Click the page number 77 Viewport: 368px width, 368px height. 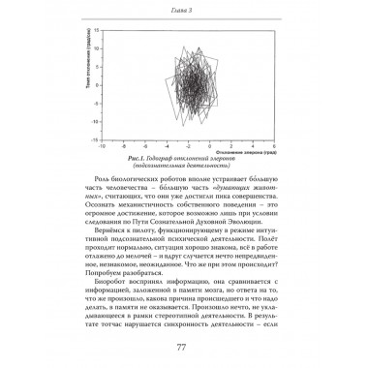183,349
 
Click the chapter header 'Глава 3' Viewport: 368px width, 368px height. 183,11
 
